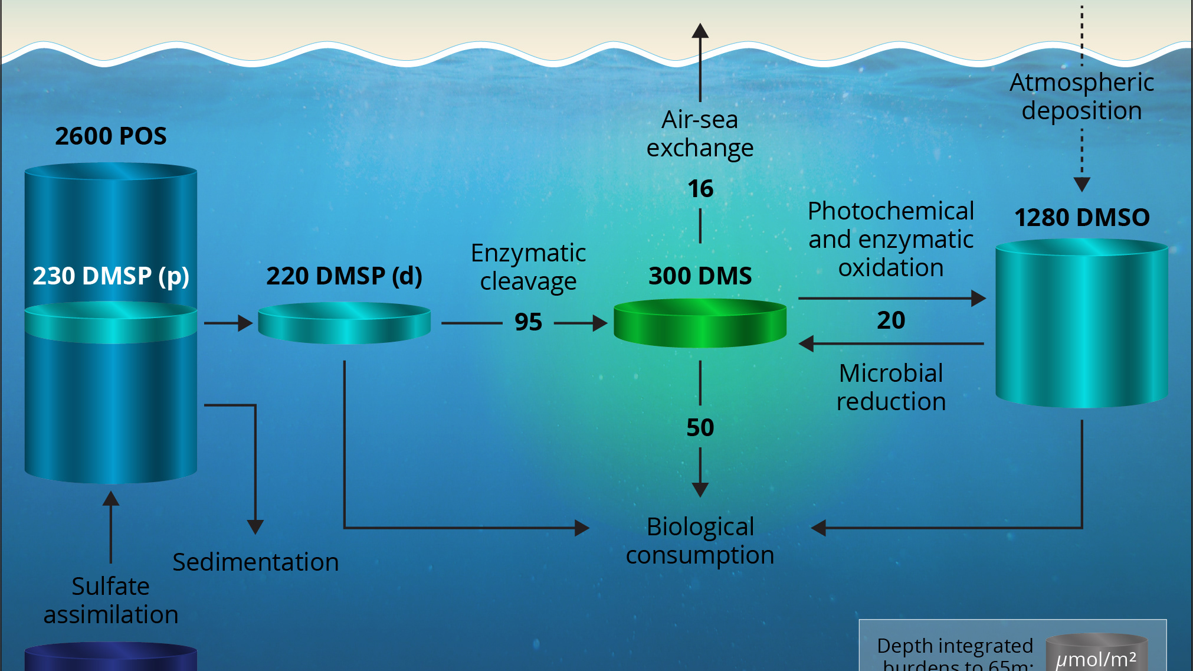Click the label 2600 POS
point(111,136)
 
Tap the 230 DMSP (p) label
point(111,276)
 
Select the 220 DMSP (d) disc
point(345,323)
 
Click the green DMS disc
point(700,323)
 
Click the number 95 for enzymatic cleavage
point(528,322)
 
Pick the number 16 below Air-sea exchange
point(700,189)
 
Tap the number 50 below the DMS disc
point(700,428)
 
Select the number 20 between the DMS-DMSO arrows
point(891,320)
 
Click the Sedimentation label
point(255,562)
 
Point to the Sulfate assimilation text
point(111,600)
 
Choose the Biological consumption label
point(700,541)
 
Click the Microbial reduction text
point(891,387)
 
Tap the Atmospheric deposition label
point(1081,96)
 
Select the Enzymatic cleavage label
point(528,267)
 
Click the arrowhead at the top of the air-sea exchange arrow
point(700,31)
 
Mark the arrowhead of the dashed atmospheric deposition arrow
point(1081,185)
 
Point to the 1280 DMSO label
point(1081,218)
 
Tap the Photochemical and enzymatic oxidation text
point(891,239)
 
